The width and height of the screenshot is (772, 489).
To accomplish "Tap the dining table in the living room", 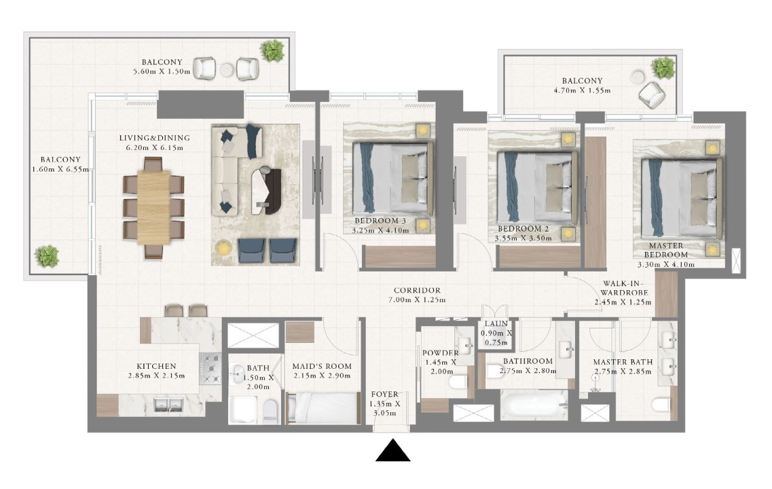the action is pyautogui.click(x=153, y=207).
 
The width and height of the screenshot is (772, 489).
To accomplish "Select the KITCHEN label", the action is pyautogui.click(x=156, y=366).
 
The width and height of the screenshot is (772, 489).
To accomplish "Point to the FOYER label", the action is pyautogui.click(x=385, y=395).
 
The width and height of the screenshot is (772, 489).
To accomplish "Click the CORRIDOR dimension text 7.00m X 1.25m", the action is pyautogui.click(x=416, y=300).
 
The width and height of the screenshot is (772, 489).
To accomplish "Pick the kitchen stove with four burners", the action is pyautogui.click(x=211, y=369).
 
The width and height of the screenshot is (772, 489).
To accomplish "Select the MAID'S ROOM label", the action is pyautogui.click(x=322, y=366).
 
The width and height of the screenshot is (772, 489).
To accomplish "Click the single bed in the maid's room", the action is pyautogui.click(x=322, y=408).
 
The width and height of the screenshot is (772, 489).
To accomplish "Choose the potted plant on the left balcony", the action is pyautogui.click(x=47, y=256).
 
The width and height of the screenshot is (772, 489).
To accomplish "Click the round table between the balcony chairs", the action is pyautogui.click(x=227, y=70).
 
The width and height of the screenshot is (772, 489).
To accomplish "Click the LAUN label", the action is pyautogui.click(x=496, y=324).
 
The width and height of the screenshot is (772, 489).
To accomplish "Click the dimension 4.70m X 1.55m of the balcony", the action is pyautogui.click(x=583, y=90).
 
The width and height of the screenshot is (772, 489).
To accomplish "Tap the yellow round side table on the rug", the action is pyautogui.click(x=223, y=247).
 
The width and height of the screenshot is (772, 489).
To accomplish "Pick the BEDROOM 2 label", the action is pyautogui.click(x=523, y=229).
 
